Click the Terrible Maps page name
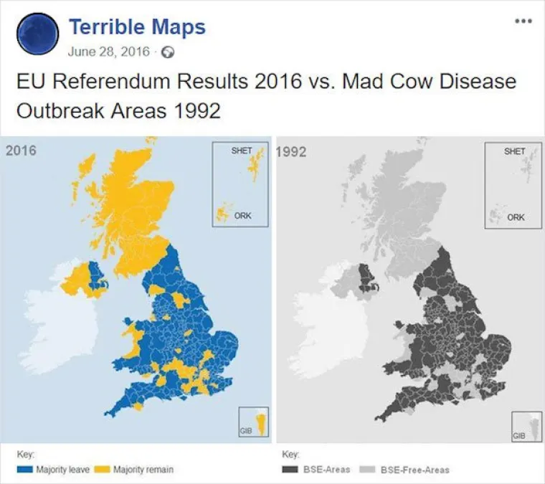click(x=137, y=27)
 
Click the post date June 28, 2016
click(x=109, y=52)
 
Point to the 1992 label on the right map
click(x=290, y=151)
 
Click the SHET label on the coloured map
click(x=241, y=151)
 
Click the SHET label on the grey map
click(x=514, y=151)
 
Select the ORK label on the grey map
click(x=514, y=217)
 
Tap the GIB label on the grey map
click(x=518, y=435)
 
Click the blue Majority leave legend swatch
click(x=25, y=470)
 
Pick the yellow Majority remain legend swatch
click(x=102, y=470)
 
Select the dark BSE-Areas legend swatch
click(x=291, y=470)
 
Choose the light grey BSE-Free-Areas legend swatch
click(x=366, y=470)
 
